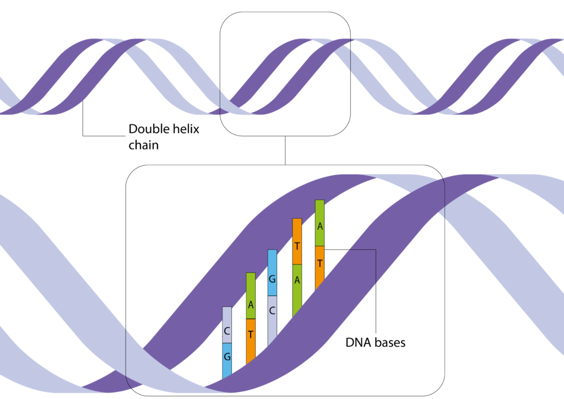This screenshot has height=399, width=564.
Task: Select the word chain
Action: point(144,145)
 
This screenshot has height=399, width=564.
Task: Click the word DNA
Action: point(358,343)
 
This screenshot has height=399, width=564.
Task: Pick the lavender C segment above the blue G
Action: point(227,325)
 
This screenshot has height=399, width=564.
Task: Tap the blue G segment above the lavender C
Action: point(272,273)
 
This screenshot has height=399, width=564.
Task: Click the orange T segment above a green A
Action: point(297,241)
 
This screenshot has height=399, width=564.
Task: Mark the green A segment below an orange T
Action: point(297,290)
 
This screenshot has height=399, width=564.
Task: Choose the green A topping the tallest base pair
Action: point(320,223)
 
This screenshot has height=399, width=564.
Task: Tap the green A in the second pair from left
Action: point(251,296)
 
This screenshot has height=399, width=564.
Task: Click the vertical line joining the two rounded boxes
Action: point(285,150)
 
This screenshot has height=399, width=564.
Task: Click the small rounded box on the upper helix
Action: point(285,12)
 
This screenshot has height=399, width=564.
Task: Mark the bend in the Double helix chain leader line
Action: point(83,136)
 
